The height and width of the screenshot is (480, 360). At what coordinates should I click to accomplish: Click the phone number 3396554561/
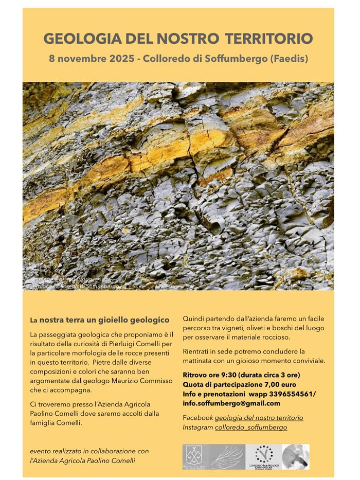291,394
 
